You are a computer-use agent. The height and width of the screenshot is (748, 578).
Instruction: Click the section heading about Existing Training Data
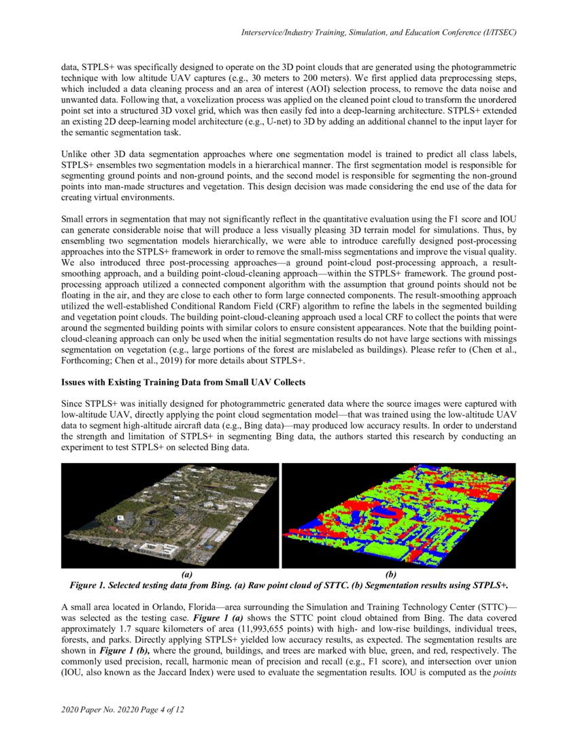tap(184, 381)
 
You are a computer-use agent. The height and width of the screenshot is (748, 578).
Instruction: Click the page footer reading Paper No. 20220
tap(123, 711)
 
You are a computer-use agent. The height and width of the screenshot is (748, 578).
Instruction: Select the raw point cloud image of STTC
tap(170, 515)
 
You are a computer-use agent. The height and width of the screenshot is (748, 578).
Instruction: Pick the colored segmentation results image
tap(398, 515)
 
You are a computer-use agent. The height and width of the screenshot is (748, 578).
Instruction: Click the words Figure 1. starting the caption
tap(88, 585)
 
